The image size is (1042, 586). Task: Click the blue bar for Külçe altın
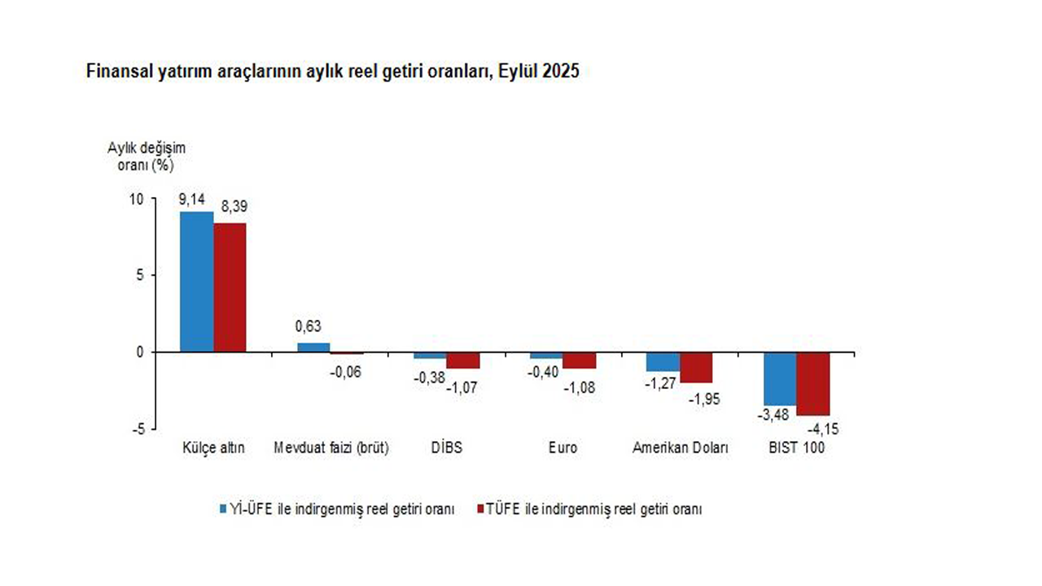coord(196,282)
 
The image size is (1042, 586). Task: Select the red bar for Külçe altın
coord(230,287)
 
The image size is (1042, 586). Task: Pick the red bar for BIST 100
coord(813,384)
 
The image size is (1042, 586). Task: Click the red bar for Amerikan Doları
coord(697,367)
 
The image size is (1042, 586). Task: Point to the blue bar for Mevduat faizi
coord(313,348)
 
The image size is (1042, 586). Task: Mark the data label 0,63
coord(309,327)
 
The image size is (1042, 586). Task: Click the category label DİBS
coord(445,448)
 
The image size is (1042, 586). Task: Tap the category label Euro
coord(563,448)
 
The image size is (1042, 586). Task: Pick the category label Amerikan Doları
coord(681,448)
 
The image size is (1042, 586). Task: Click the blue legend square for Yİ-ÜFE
coord(223,509)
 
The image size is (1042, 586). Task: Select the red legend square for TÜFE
coord(479,509)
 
